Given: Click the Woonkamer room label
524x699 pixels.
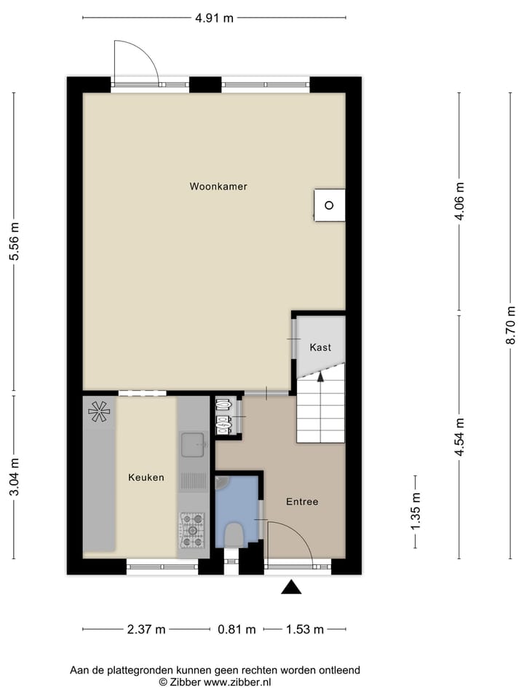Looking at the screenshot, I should pos(218,186).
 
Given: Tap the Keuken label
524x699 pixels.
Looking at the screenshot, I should pos(146,478).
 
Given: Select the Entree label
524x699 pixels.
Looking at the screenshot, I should pos(302,502).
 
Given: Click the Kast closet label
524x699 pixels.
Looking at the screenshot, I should pos(320,347).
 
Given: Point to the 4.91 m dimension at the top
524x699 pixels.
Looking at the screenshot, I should pos(214,18).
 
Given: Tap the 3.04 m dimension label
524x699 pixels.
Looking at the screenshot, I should pos(14,477).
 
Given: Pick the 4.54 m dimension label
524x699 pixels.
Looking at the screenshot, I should pos(458,437).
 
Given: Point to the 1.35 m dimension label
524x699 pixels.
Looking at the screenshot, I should pos(416,512).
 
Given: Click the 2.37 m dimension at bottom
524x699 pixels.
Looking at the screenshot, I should pos(146,630).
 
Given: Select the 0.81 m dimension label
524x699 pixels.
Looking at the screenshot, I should pos(237,630).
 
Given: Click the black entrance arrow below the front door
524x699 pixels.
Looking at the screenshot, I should pos(291,587).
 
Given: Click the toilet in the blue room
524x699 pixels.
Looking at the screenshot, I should pos(234,534).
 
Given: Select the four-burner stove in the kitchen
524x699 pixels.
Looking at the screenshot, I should pos(192,529).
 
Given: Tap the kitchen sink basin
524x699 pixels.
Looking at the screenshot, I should pos(193,441).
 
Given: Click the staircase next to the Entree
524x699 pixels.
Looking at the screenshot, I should pos(320,412).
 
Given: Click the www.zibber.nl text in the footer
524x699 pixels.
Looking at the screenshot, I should pos(237,682).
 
